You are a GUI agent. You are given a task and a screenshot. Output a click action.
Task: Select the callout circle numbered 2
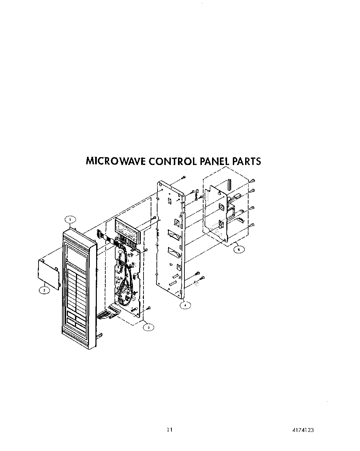click(x=44, y=290)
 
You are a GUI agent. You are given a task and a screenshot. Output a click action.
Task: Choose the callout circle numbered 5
click(x=239, y=249)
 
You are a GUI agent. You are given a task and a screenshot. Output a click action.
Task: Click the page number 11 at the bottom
click(x=169, y=430)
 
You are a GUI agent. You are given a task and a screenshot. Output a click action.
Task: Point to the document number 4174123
click(x=303, y=430)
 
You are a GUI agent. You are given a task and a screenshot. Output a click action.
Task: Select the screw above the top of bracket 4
click(x=183, y=177)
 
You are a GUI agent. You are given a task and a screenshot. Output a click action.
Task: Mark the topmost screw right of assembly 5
click(x=253, y=181)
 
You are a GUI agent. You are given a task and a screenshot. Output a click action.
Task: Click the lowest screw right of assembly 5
click(x=252, y=225)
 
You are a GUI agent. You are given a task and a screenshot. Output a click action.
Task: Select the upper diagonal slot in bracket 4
click(x=174, y=234)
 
